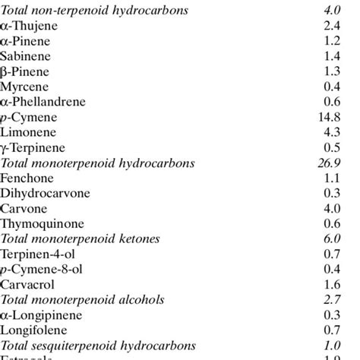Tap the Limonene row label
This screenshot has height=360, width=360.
[28, 132]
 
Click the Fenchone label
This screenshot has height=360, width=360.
[27, 178]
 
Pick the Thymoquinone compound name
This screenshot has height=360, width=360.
[41, 223]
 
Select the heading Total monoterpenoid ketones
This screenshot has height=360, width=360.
[80, 238]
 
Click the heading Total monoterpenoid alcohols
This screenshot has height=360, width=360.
[82, 299]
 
